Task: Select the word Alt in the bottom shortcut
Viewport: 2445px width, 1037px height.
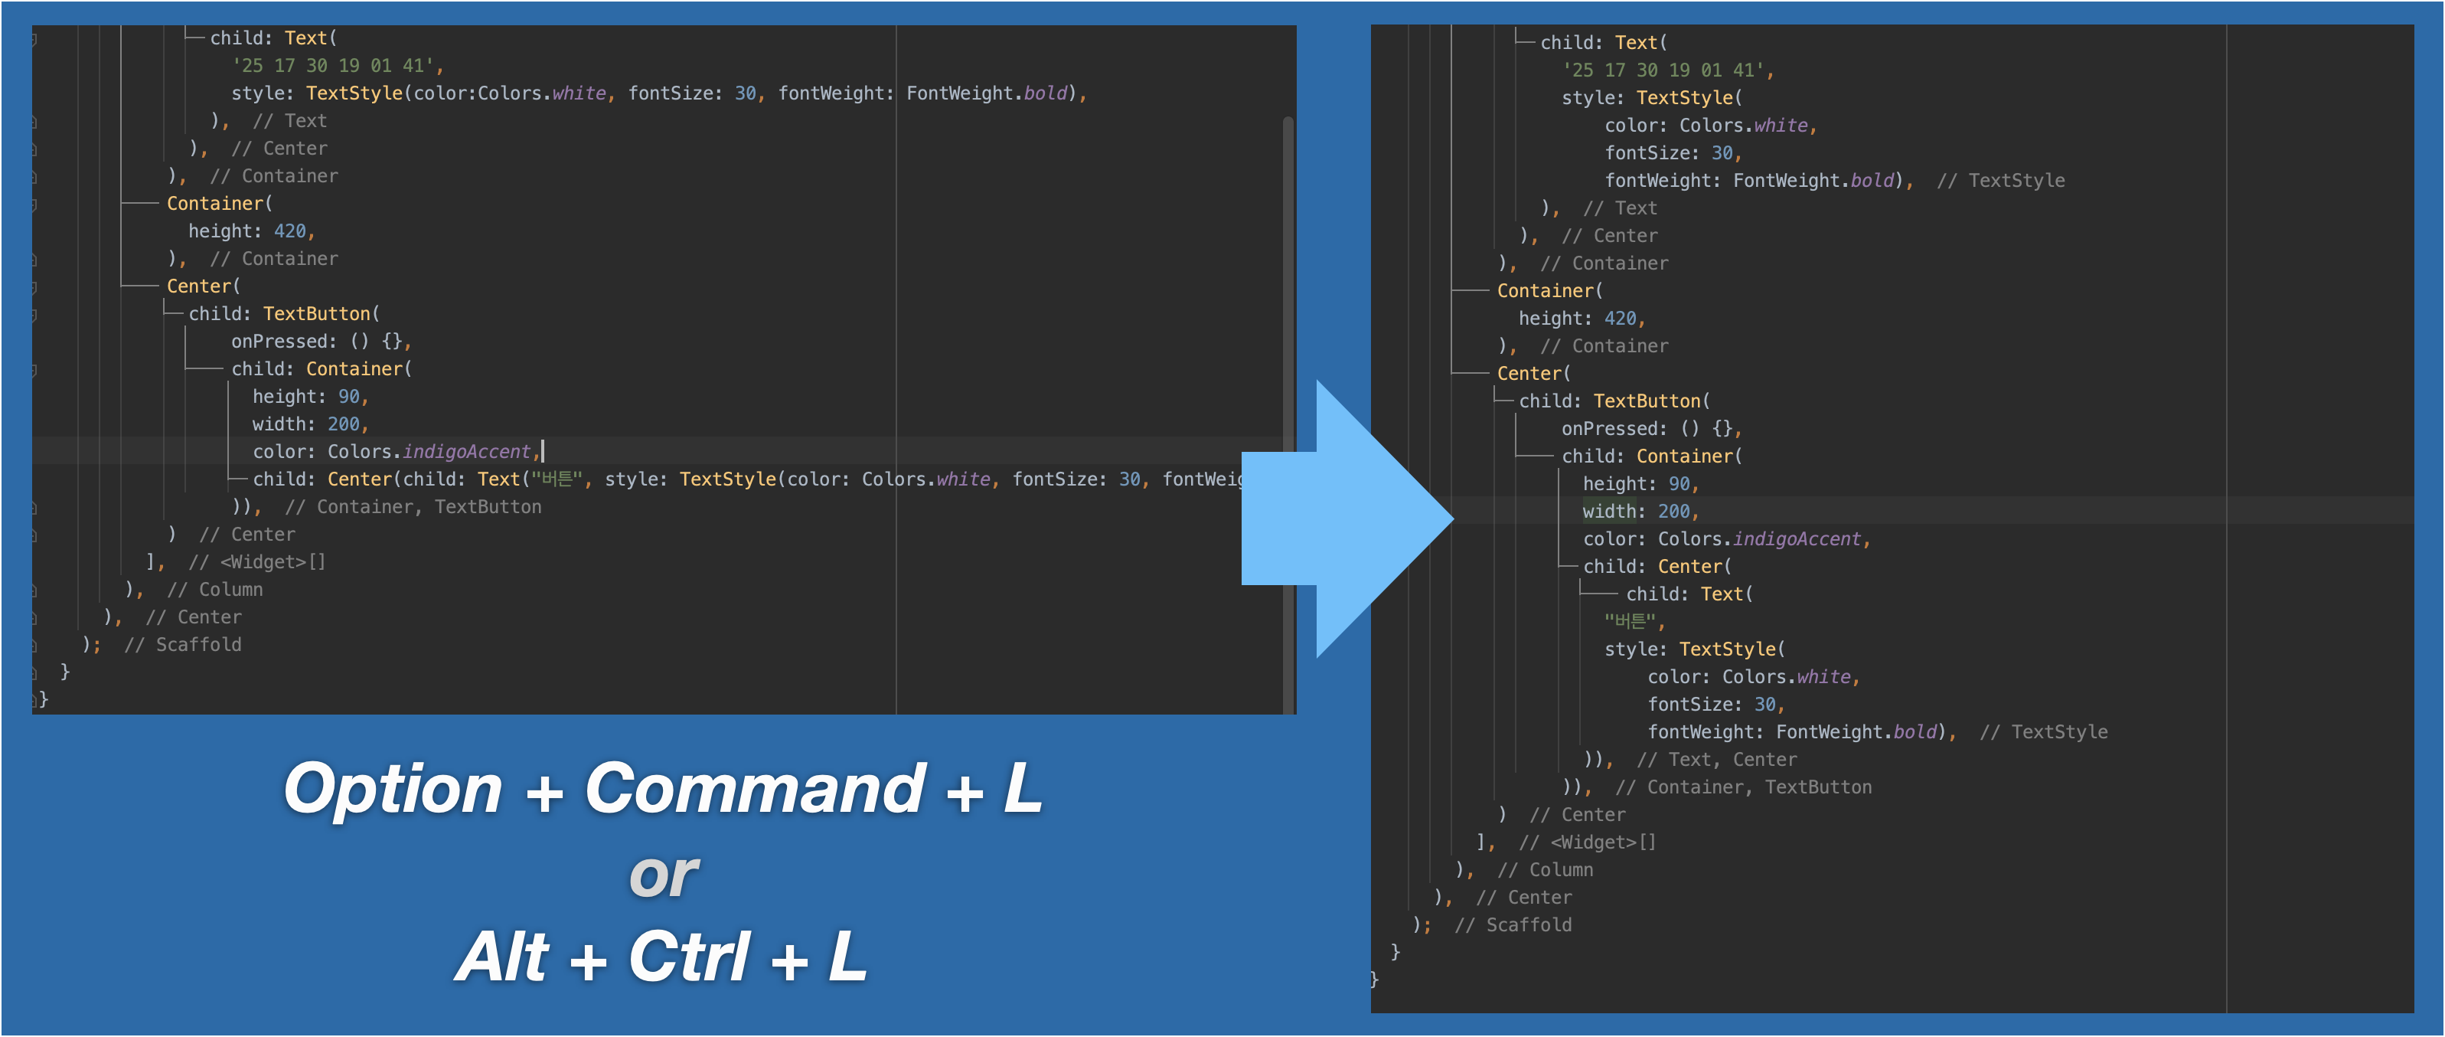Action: click(502, 957)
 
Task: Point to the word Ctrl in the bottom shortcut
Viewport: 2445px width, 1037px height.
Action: click(688, 957)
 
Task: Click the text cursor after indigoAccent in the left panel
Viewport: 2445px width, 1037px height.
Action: click(542, 451)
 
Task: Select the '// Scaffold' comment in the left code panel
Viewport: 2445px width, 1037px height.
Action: click(182, 645)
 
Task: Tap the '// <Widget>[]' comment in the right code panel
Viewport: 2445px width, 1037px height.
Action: click(1587, 842)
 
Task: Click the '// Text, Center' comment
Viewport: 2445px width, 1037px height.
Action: click(1716, 760)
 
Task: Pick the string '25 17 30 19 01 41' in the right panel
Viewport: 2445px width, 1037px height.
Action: click(1663, 70)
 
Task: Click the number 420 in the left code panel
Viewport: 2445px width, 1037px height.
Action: click(289, 231)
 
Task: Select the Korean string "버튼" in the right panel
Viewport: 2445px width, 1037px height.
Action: click(1630, 621)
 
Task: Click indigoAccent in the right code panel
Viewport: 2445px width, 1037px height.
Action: click(1797, 538)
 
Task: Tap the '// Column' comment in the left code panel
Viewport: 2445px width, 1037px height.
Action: click(215, 590)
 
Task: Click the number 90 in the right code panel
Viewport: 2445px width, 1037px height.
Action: click(1679, 483)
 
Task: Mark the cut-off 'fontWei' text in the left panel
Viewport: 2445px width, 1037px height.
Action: click(1202, 479)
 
